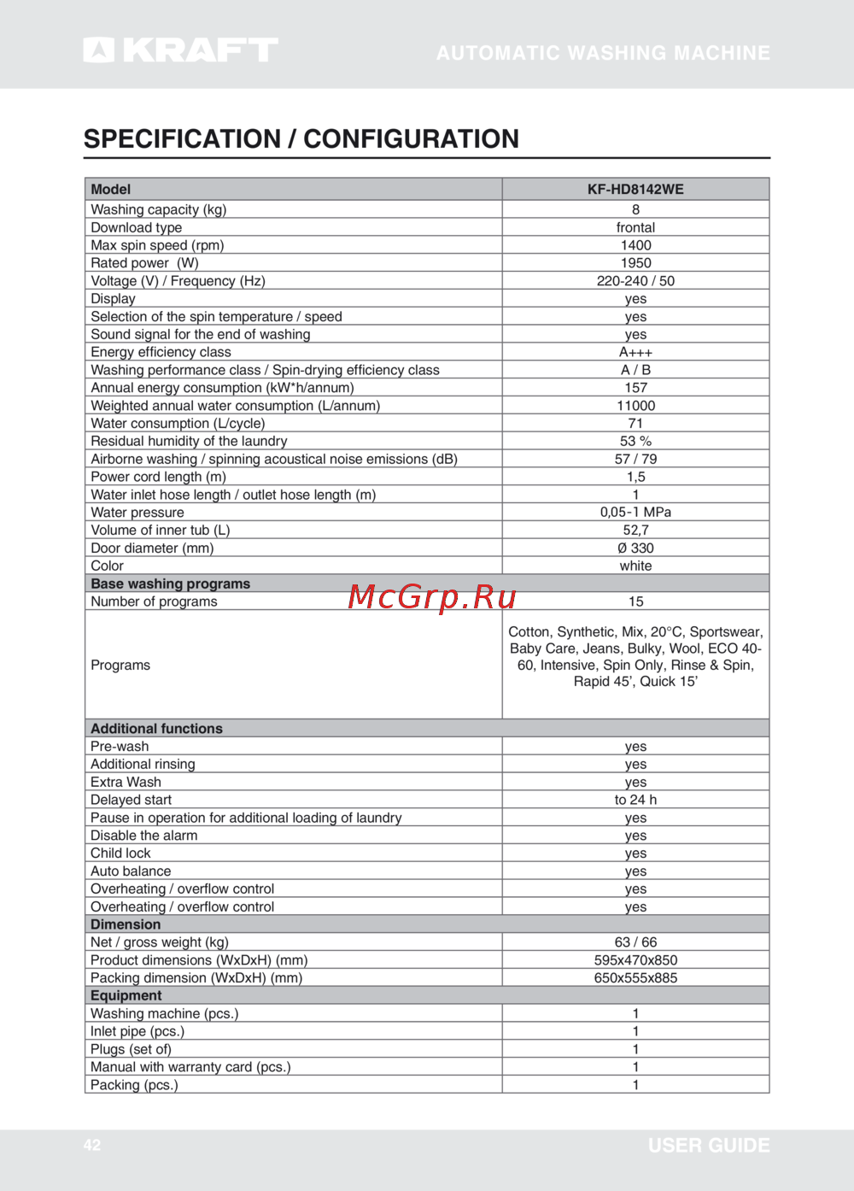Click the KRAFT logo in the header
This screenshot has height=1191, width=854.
[181, 50]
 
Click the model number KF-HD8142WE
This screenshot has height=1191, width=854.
[635, 190]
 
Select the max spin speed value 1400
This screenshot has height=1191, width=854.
[635, 245]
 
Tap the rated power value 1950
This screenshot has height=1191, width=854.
[635, 263]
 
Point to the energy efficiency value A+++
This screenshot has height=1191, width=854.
[635, 352]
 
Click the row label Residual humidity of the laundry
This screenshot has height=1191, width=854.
[189, 441]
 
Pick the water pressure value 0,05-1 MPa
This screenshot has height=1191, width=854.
[635, 513]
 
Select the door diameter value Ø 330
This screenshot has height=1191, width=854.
[635, 549]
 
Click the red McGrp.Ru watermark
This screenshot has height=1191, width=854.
[432, 596]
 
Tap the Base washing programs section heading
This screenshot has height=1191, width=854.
[171, 584]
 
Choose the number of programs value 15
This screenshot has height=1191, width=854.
[635, 601]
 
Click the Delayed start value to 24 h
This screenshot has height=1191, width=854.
[635, 800]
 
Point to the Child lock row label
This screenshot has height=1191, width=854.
[120, 854]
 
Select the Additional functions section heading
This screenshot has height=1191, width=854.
[156, 729]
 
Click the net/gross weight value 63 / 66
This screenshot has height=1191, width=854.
[635, 942]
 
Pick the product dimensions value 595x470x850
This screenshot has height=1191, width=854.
[635, 960]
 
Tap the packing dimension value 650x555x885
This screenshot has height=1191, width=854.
[635, 978]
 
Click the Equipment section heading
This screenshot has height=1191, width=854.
[126, 995]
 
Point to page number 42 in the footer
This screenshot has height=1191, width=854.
[92, 1146]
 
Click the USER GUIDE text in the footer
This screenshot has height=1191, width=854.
[709, 1146]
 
